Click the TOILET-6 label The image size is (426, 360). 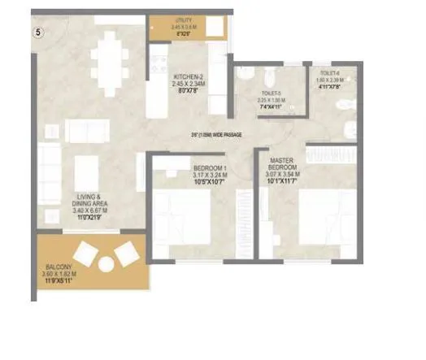(x=329, y=73)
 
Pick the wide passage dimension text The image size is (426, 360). (x=217, y=135)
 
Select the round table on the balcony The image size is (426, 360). (x=106, y=264)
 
